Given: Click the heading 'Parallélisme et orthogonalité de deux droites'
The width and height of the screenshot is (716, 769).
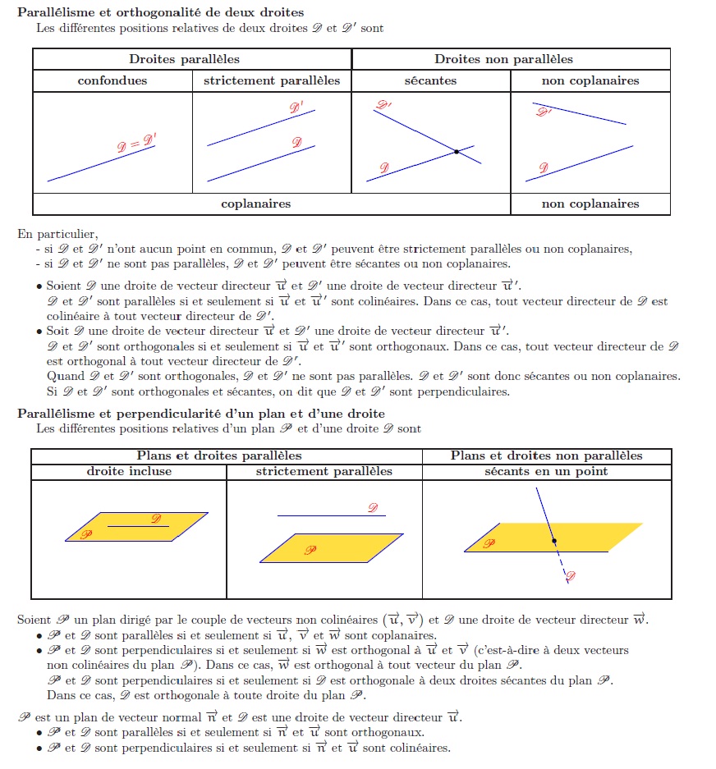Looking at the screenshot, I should pyautogui.click(x=161, y=12).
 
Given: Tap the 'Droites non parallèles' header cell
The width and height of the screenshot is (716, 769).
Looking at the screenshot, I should pyautogui.click(x=503, y=59).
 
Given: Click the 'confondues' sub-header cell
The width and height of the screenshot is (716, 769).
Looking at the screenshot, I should pyautogui.click(x=112, y=80).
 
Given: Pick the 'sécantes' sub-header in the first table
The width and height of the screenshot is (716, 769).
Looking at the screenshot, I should pyautogui.click(x=430, y=80).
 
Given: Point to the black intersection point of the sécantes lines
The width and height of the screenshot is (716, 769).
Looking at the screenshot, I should pyautogui.click(x=456, y=152).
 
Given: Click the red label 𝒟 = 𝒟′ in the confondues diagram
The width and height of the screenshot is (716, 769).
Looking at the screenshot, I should pyautogui.click(x=136, y=144).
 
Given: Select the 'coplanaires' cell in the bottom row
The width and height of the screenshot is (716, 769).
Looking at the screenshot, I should pyautogui.click(x=255, y=204).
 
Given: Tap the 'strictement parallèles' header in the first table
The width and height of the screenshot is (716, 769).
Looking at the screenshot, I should pyautogui.click(x=272, y=80).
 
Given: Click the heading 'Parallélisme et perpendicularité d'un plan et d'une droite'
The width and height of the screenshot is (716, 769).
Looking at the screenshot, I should pyautogui.click(x=201, y=413).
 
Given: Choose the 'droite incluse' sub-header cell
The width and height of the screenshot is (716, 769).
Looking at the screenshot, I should pyautogui.click(x=129, y=471).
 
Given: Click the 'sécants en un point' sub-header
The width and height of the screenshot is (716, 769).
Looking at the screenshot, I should pyautogui.click(x=546, y=471).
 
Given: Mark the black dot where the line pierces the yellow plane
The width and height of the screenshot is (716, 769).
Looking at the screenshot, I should pyautogui.click(x=554, y=541).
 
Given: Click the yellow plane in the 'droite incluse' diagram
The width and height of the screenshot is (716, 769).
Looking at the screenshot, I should pyautogui.click(x=123, y=533).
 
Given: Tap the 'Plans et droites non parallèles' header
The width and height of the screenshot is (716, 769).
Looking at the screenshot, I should pyautogui.click(x=546, y=455).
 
